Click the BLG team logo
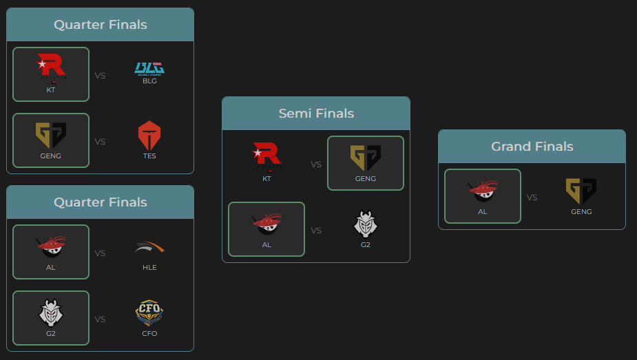coord(149,67)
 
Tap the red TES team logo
coord(149,135)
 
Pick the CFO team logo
coord(149,313)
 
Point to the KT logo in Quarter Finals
coord(51,67)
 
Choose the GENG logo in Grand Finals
coord(581,191)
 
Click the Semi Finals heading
coord(316,114)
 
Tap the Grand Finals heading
coord(532,147)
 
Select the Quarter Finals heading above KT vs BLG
coord(101,25)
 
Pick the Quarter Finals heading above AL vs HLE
coord(101,202)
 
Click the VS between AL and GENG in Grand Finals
coord(532,198)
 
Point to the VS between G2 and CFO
coord(100,319)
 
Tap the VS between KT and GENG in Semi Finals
coord(316,165)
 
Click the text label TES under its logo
coord(149,156)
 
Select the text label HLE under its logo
coord(149,268)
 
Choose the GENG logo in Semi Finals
coord(366,158)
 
